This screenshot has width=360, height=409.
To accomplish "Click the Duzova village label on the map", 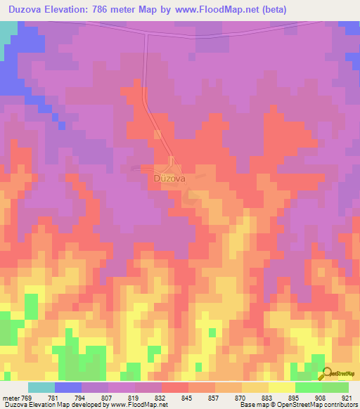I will [x=169, y=178].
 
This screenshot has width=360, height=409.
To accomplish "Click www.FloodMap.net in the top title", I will [x=218, y=9].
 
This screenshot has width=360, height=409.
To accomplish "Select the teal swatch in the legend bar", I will [x=41, y=387].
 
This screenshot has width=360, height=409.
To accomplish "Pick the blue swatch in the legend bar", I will [x=68, y=387].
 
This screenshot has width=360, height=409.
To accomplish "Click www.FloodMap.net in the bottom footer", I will [x=138, y=405].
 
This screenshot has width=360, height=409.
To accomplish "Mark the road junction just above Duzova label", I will [x=171, y=164].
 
